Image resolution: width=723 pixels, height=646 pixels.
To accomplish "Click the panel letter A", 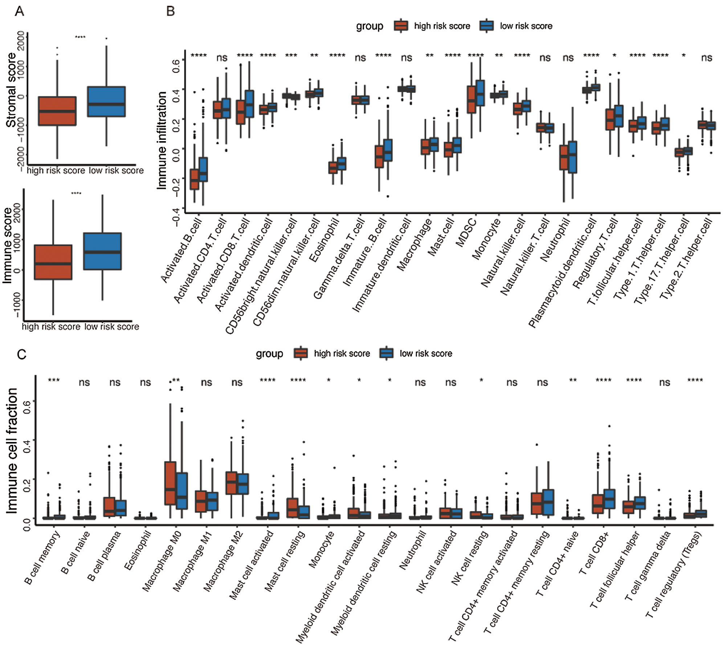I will pyautogui.click(x=19, y=11).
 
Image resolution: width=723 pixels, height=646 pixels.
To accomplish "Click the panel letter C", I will pyautogui.click(x=21, y=354).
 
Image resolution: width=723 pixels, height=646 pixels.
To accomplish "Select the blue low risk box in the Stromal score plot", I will pyautogui.click(x=106, y=102).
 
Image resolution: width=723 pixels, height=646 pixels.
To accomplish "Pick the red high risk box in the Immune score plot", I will pyautogui.click(x=53, y=262).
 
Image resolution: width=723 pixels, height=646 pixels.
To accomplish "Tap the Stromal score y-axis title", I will pyautogui.click(x=11, y=90).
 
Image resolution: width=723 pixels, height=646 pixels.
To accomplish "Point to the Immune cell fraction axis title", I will pyautogui.click(x=12, y=451).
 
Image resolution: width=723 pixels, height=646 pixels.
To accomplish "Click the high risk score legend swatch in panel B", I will pyautogui.click(x=401, y=26).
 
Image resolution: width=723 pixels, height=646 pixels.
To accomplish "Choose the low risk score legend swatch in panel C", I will pyautogui.click(x=386, y=353).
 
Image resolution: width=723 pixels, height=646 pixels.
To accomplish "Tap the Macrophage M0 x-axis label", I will pyautogui.click(x=162, y=561).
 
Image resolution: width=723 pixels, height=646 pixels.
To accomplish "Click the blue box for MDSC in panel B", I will pyautogui.click(x=480, y=93).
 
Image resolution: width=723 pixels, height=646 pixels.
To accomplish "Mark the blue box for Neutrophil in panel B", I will pyautogui.click(x=572, y=157).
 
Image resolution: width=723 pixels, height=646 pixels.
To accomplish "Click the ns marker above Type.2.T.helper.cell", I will pyautogui.click(x=706, y=58).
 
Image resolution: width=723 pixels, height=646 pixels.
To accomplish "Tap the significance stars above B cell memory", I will pyautogui.click(x=54, y=380).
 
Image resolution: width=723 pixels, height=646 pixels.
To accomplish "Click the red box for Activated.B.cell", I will pyautogui.click(x=195, y=179).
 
